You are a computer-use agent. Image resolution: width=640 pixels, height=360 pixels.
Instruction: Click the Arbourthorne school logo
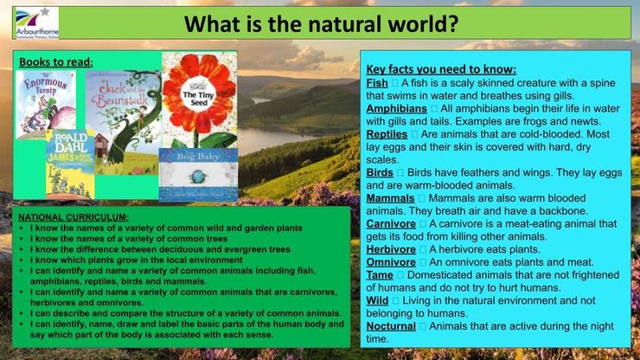pos(36,22)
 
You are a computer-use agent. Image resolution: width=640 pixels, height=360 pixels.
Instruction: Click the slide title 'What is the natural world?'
pos(321,23)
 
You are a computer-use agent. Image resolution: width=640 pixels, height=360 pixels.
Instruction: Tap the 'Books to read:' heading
pos(56,62)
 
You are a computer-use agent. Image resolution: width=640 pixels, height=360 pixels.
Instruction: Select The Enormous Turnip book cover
pos(46,105)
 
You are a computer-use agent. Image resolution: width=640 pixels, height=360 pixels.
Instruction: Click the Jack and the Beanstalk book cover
pos(124,123)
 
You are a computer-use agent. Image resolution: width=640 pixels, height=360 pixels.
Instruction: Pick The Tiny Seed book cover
pos(200,100)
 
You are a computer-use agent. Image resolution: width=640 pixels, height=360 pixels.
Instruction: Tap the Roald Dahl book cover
pos(70,164)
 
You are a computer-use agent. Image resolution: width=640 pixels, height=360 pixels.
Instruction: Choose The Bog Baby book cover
pos(198,175)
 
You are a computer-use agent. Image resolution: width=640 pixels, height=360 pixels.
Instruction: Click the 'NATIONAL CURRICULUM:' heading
pos(74,217)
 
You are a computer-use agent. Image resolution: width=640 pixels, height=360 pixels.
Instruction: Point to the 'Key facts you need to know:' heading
pos(441,69)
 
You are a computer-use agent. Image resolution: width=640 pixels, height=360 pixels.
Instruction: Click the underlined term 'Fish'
pos(377,83)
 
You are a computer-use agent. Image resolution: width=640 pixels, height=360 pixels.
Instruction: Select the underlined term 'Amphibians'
pos(396,109)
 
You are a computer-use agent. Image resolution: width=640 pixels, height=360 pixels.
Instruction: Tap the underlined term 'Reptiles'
pos(387,134)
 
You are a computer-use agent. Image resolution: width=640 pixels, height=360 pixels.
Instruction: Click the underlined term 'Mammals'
pos(390,198)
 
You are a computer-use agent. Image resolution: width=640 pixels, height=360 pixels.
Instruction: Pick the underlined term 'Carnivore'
pos(391,224)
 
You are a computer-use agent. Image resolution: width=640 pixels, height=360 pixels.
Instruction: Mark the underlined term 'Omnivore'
pos(391,262)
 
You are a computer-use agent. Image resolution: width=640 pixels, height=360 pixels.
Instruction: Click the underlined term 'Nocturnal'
pos(391,326)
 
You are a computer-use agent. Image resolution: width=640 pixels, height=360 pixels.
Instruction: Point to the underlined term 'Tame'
pos(380,275)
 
